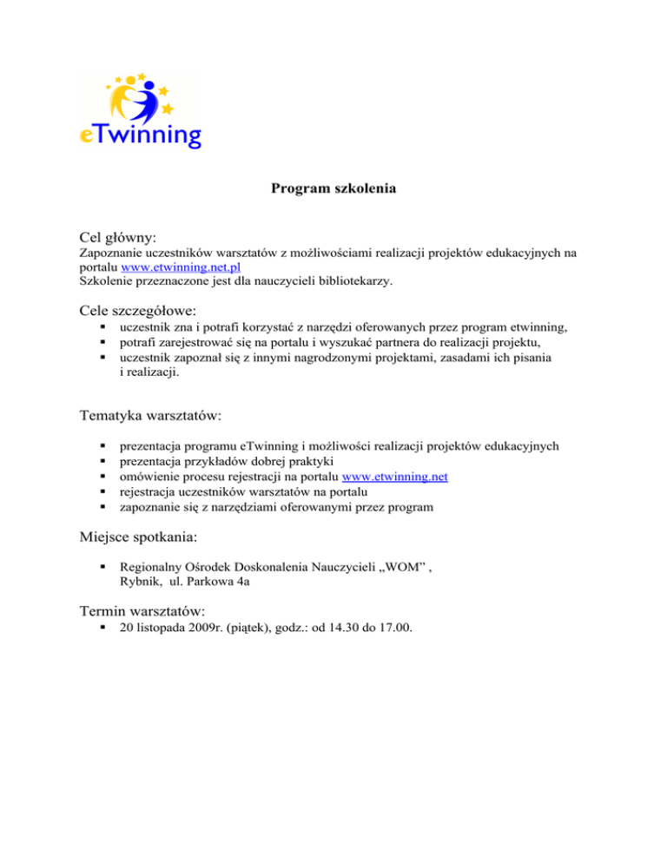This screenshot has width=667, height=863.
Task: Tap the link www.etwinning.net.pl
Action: coord(181,267)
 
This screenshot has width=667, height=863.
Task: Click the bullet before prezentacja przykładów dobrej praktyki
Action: coord(103,461)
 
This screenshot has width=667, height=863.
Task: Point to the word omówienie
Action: coord(149,476)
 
